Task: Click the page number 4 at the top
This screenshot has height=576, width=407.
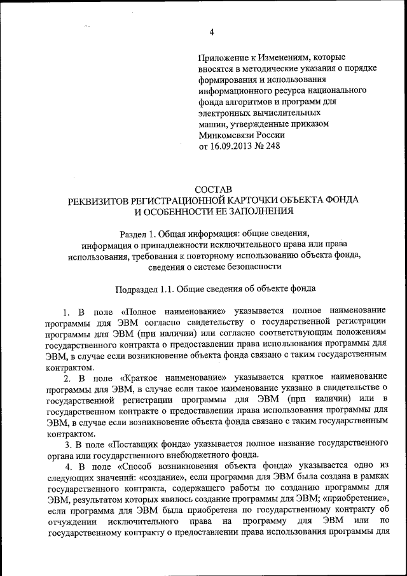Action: [x=212, y=32]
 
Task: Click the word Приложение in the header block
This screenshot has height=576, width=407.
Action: [x=223, y=58]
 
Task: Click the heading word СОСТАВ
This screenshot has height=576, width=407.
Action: [x=212, y=189]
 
